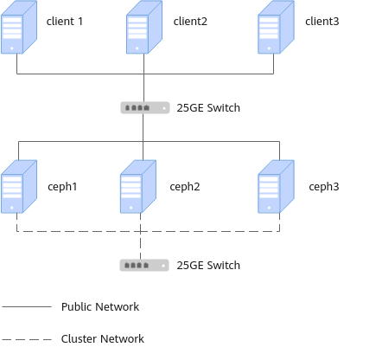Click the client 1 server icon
(19, 27)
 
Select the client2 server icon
(144, 27)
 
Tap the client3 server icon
(276, 27)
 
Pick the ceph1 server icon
(19, 187)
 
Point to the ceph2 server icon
(138, 187)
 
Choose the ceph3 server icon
(276, 187)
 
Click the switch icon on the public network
(145, 107)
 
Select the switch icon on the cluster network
(144, 266)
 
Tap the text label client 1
(65, 21)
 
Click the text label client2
(190, 21)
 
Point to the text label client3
(322, 21)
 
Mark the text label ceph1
(62, 187)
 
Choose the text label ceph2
(185, 187)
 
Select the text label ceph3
(324, 187)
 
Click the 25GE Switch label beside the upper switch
(208, 107)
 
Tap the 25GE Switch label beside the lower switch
(208, 266)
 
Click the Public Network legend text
(100, 306)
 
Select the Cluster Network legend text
(103, 338)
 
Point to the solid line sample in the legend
(27, 306)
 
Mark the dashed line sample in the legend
(27, 339)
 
